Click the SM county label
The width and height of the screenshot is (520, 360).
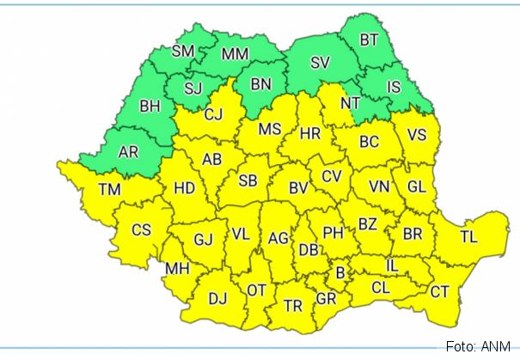tap(183, 51)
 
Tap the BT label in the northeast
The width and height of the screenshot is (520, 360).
tap(369, 40)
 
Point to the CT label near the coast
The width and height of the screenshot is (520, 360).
tap(439, 292)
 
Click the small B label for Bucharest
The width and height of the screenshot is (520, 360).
tap(340, 273)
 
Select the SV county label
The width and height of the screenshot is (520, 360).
tap(320, 62)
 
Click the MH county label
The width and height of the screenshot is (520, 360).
tap(177, 269)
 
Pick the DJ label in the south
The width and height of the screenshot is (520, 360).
tap(217, 299)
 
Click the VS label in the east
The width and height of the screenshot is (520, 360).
tap(417, 134)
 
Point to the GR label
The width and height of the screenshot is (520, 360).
tap(326, 299)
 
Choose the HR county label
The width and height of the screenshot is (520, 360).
tap(310, 133)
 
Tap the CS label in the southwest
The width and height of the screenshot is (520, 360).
tap(141, 229)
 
